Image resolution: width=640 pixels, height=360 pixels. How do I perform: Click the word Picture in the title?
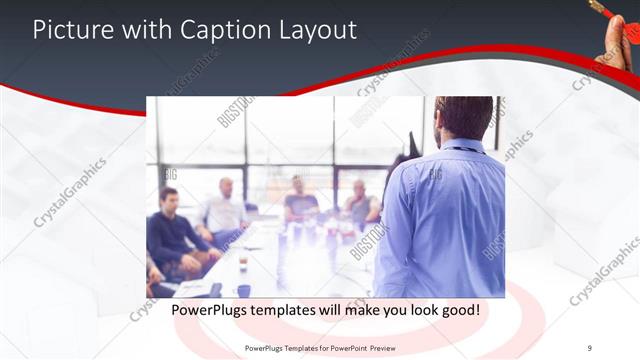point(69,30)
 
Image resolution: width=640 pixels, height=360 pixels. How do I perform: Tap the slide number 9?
point(590,347)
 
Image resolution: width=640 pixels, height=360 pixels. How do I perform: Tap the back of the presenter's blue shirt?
point(445,220)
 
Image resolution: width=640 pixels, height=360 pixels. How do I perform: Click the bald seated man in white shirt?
point(225,210)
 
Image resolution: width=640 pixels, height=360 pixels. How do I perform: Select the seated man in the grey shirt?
point(360,205)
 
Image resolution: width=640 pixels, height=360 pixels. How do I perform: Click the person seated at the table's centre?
point(300,200)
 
